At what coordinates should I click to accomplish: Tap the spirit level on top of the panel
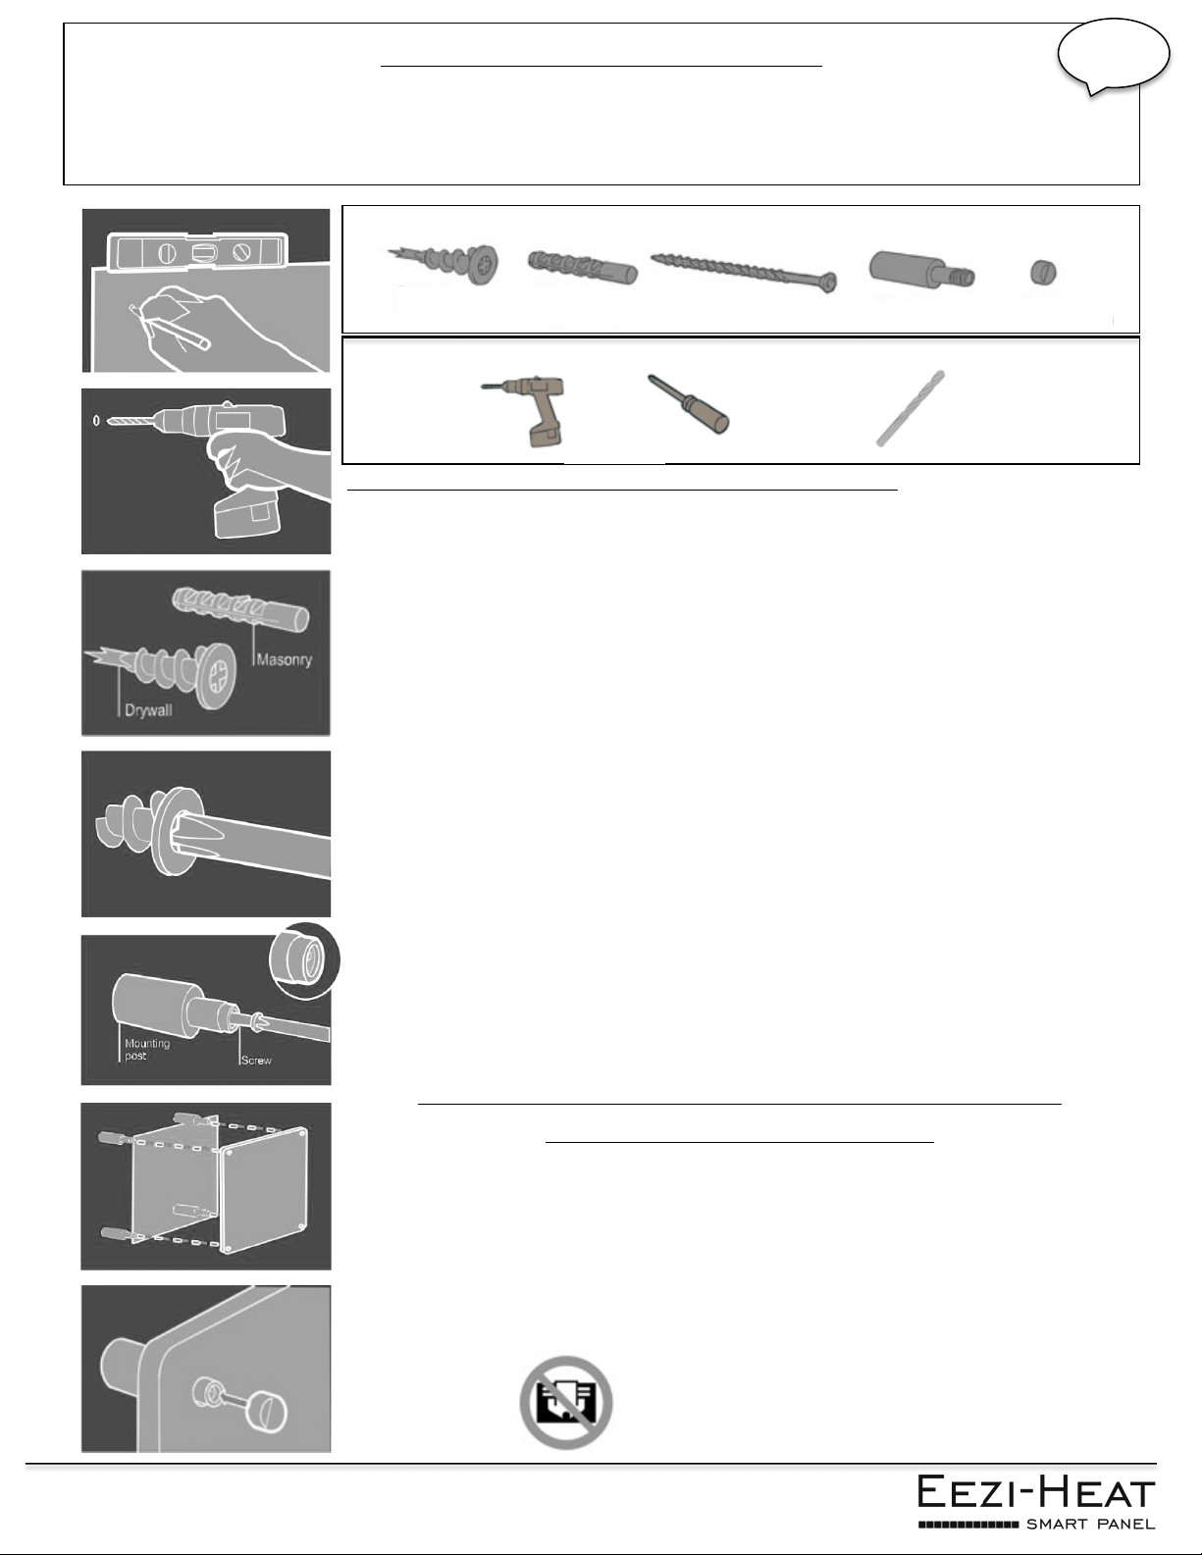(197, 251)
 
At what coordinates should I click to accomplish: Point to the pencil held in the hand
(171, 329)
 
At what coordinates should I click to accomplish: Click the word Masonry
(284, 659)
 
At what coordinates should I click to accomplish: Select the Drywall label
(148, 710)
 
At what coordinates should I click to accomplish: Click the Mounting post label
(147, 1049)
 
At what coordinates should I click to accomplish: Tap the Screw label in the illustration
(256, 1060)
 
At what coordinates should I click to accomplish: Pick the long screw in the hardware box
(744, 272)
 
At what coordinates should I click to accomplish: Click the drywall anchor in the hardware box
(443, 263)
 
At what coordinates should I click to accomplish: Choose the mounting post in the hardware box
(921, 270)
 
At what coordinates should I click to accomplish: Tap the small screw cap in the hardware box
(1044, 272)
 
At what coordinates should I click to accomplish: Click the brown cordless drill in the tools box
(527, 410)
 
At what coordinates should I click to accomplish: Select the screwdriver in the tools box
(688, 403)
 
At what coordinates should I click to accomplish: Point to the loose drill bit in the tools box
(911, 408)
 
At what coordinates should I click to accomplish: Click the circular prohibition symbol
(566, 1402)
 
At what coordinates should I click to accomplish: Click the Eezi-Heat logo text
(1036, 1492)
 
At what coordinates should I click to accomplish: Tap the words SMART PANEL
(1090, 1525)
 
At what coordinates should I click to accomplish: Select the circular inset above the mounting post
(304, 959)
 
